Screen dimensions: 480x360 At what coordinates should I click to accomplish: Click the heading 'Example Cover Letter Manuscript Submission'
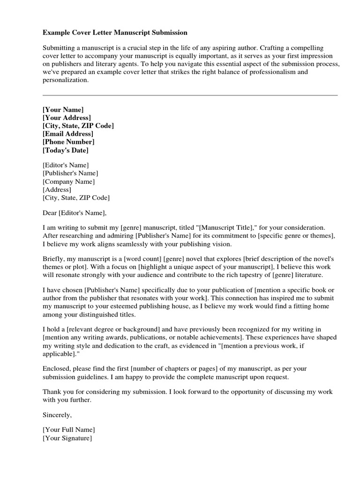[115, 33]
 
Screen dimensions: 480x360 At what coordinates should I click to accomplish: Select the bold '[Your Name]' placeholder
[63, 109]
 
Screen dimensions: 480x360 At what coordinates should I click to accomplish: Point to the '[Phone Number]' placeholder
[68, 142]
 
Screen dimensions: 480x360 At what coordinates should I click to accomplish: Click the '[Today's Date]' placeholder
[65, 150]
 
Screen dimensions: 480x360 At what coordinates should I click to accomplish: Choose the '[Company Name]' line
[68, 181]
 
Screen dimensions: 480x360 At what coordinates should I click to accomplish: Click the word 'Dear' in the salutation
[49, 213]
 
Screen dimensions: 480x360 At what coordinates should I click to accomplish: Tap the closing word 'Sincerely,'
[58, 414]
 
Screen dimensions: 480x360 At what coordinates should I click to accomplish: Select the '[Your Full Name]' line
[68, 429]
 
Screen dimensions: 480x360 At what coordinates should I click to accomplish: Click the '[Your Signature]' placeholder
[67, 438]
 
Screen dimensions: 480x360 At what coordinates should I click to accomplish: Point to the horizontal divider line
[190, 95]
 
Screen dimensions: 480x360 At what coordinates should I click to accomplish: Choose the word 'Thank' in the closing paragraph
[52, 392]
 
